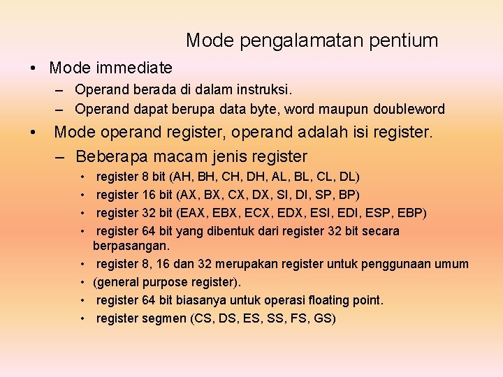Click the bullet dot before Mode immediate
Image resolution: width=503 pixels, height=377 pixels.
click(33, 68)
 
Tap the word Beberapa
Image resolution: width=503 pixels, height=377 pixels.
click(108, 156)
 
